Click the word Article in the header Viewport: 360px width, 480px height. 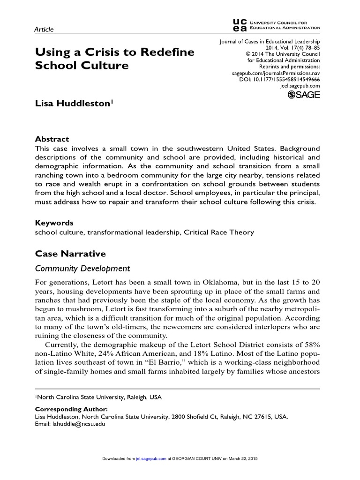(45, 30)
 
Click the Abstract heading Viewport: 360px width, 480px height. (52, 139)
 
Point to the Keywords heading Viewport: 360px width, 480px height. (54, 223)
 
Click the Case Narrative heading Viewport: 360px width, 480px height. (71, 254)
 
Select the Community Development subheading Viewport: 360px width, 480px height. (82, 269)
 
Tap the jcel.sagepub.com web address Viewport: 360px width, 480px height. (300, 86)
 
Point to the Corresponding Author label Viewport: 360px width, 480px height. (72, 409)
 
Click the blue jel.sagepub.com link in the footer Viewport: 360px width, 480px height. (150, 458)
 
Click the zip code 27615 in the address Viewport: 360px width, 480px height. (263, 416)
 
